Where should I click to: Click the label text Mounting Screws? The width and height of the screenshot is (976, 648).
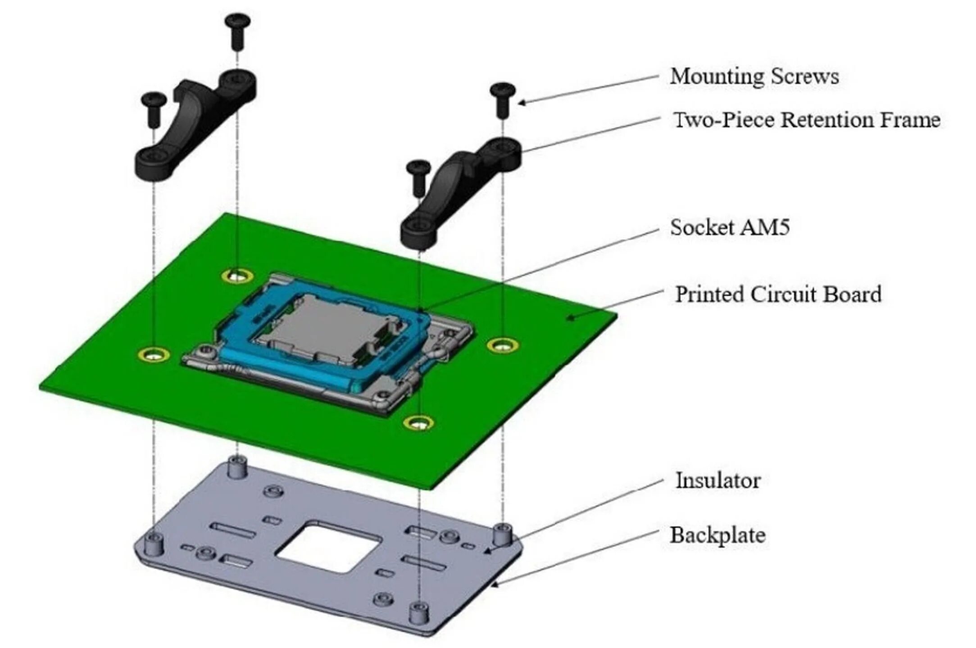pos(754,76)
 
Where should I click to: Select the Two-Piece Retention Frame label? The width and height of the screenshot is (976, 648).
pos(806,120)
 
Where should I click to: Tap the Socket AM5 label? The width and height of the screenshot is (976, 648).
pos(730,227)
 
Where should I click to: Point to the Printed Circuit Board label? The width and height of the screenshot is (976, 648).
pos(778,295)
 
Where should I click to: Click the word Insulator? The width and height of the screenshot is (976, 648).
pos(718,480)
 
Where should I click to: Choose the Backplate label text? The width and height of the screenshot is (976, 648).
pos(717,535)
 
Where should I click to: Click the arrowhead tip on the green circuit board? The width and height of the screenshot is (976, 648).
pos(569,319)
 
